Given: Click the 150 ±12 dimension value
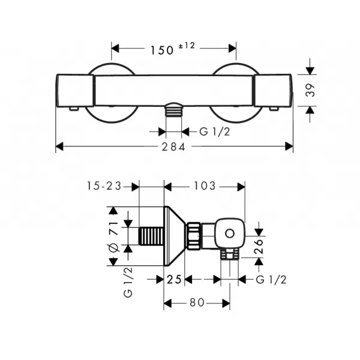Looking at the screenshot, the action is tap(172, 49).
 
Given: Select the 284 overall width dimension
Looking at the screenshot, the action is tap(173, 147).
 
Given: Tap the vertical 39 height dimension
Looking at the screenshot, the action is tap(310, 90).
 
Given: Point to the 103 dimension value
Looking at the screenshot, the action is tap(205, 186).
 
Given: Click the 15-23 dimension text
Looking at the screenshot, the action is tap(104, 186).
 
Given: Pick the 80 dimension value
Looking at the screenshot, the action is tap(197, 302).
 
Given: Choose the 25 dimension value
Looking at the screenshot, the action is tap(174, 280).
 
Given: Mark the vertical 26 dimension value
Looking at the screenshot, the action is tap(259, 247).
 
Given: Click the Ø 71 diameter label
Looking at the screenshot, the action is tap(114, 237).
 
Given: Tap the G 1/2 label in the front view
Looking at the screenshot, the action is tap(214, 132).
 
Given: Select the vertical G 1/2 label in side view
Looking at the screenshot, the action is tap(128, 283).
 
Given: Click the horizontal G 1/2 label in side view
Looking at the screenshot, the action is tap(271, 280).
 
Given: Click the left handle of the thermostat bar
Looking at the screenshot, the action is tap(75, 91).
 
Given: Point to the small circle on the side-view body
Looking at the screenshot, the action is tap(230, 234).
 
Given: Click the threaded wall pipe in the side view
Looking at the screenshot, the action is tap(151, 236).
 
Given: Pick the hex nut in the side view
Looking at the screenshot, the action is tap(194, 236).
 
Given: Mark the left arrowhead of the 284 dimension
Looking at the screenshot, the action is tap(59, 146).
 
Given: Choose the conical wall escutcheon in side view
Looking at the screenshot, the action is tap(175, 236).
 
